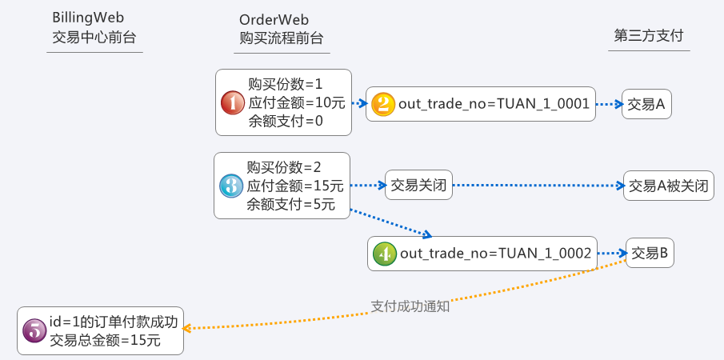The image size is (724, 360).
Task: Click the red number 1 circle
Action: pyautogui.click(x=232, y=102)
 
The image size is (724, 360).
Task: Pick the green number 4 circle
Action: pyautogui.click(x=384, y=254)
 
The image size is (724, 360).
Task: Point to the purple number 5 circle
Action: pyautogui.click(x=34, y=330)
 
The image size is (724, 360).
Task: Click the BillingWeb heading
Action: pyautogui.click(x=87, y=18)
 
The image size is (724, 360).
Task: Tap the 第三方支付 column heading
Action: pyautogui.click(x=649, y=37)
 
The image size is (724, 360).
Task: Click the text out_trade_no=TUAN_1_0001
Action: pyautogui.click(x=493, y=104)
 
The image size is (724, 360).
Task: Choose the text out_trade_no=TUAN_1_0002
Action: pyautogui.click(x=495, y=254)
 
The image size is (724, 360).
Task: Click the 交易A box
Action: pyautogui.click(x=646, y=104)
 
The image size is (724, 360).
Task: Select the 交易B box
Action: pyautogui.click(x=650, y=254)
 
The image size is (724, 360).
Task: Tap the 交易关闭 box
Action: pyautogui.click(x=417, y=186)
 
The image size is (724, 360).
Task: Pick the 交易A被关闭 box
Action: pyautogui.click(x=668, y=186)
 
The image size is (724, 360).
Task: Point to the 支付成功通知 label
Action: pyautogui.click(x=410, y=305)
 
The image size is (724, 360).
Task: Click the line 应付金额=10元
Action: pyautogui.click(x=296, y=102)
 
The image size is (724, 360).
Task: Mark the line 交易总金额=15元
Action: pyautogui.click(x=105, y=340)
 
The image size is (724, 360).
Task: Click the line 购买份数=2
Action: pyautogui.click(x=283, y=167)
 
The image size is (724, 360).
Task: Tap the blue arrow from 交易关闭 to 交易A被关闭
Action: pyautogui.click(x=536, y=186)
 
